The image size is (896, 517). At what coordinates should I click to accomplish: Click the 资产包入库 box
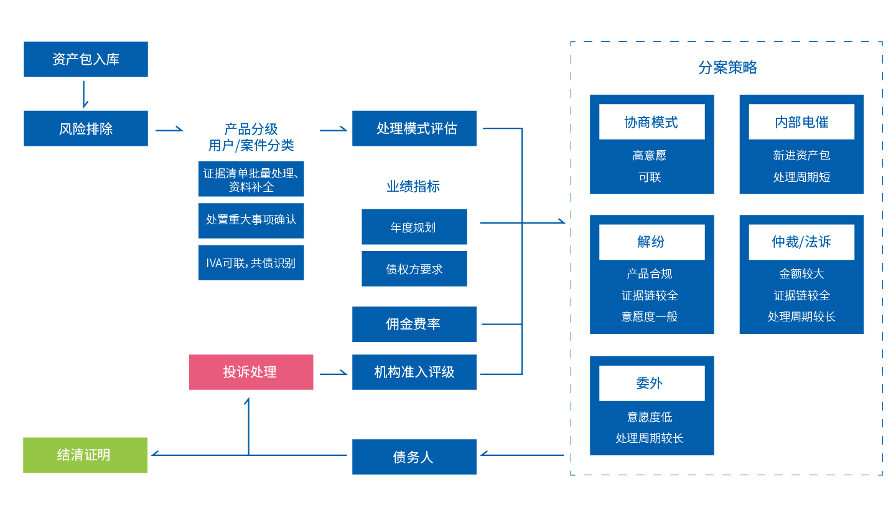(x=86, y=59)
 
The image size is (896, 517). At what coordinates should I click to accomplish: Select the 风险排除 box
(x=86, y=128)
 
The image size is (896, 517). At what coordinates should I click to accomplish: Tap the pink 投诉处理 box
(x=251, y=372)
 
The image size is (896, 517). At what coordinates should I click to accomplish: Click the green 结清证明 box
(x=85, y=455)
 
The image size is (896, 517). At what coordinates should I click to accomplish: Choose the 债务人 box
(x=414, y=457)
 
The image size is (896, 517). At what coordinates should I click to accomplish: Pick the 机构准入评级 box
(x=414, y=372)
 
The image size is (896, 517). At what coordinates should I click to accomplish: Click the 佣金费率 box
(x=414, y=324)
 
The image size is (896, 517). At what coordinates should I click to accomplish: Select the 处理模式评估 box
(x=414, y=128)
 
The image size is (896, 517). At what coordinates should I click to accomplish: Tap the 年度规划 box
(x=414, y=227)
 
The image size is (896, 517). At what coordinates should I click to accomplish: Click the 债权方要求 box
(x=414, y=269)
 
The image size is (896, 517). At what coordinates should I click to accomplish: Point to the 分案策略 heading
(x=727, y=67)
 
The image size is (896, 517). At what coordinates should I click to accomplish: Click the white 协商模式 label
(x=651, y=122)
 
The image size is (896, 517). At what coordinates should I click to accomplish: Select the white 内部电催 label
(x=801, y=122)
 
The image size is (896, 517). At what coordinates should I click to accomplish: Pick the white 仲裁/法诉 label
(x=801, y=242)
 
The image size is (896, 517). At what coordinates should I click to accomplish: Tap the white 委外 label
(x=651, y=383)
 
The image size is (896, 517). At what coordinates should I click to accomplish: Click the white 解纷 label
(x=651, y=242)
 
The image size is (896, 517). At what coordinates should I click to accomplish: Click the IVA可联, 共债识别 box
(x=251, y=263)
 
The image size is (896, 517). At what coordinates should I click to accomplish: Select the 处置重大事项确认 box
(x=251, y=220)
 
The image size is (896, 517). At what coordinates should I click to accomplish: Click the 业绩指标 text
(x=413, y=186)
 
